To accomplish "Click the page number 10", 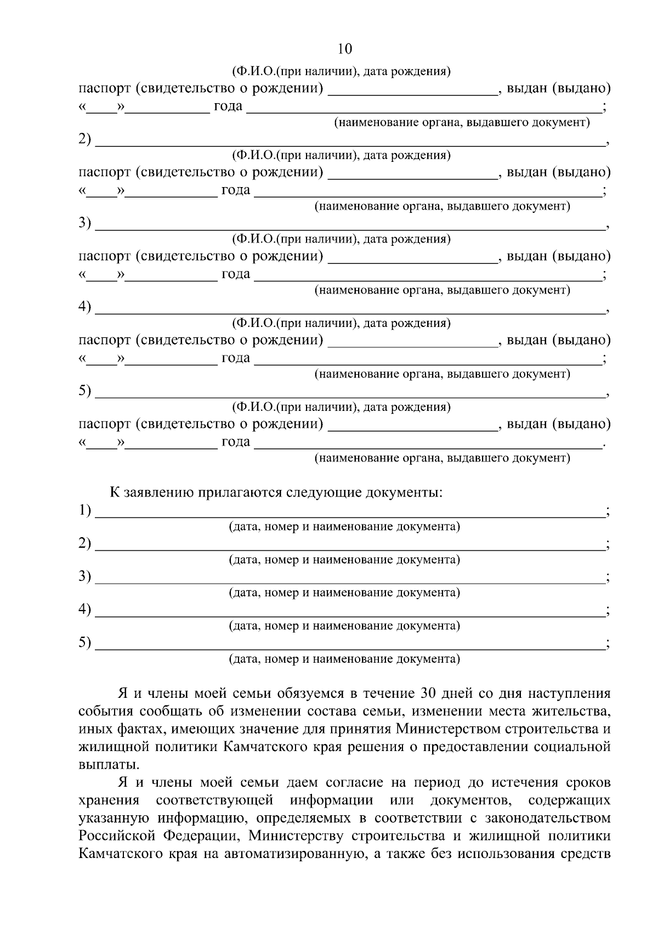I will (x=344, y=49).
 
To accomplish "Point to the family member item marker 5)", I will (x=84, y=391).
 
